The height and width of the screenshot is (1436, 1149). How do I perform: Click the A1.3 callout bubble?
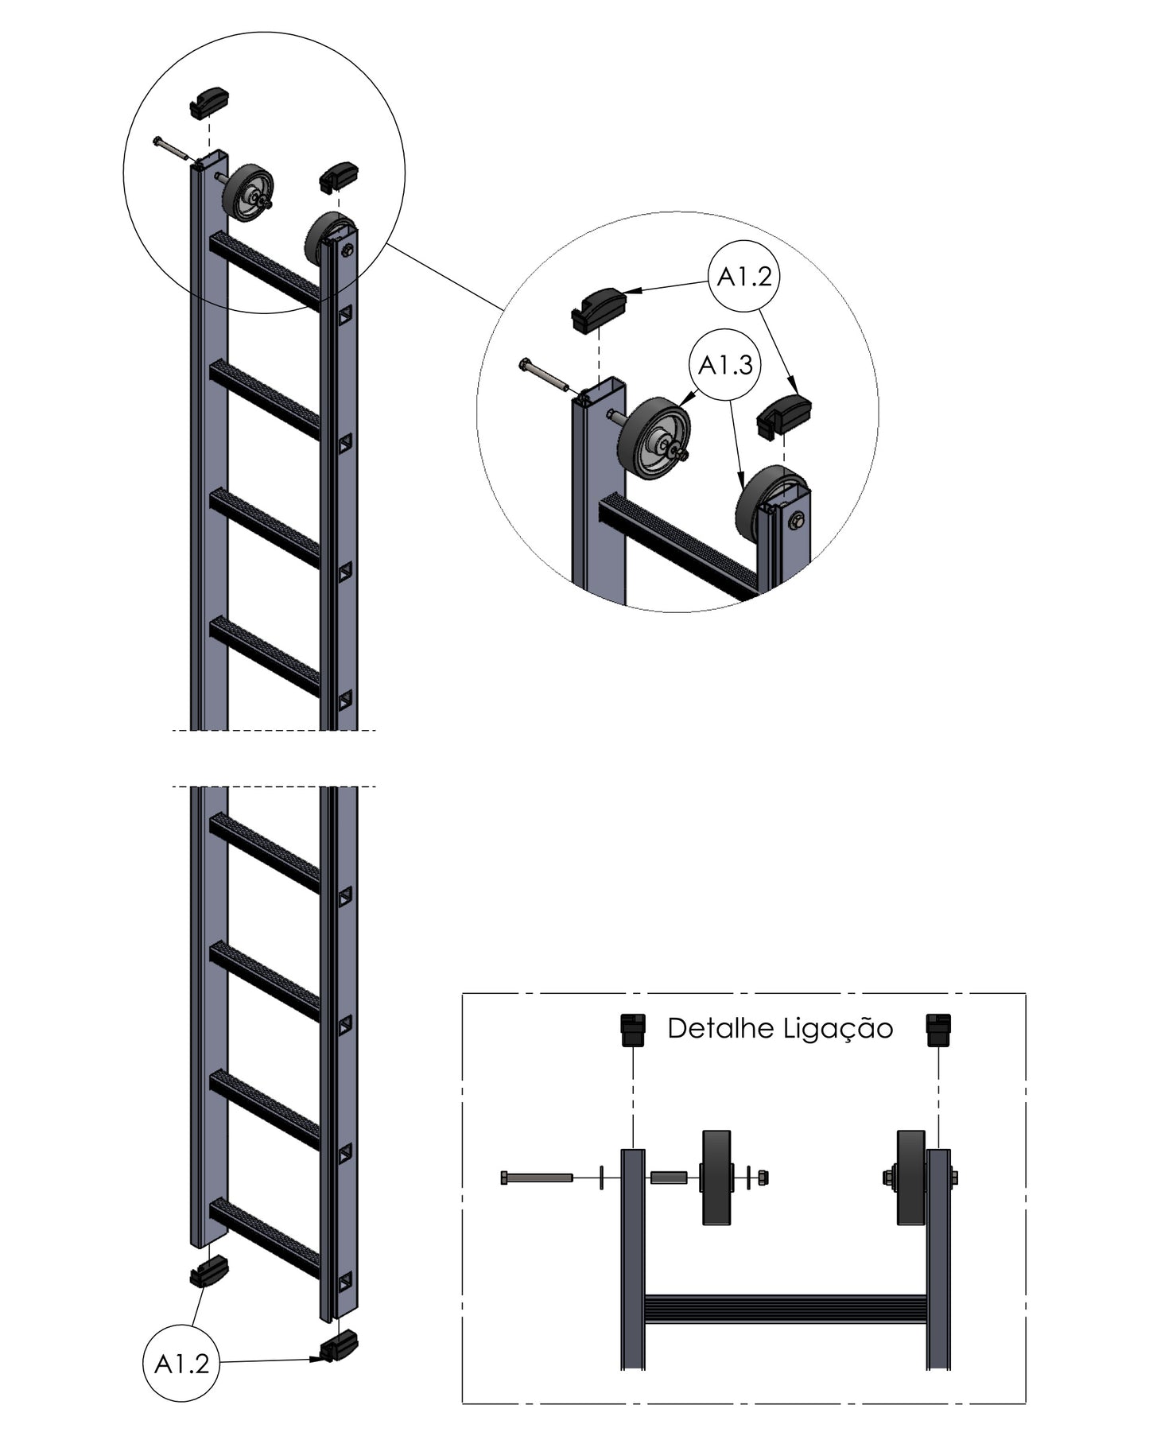pyautogui.click(x=725, y=365)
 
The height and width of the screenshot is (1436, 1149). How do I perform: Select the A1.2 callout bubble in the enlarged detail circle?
pyautogui.click(x=744, y=277)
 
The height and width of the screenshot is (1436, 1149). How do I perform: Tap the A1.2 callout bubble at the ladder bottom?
pyautogui.click(x=181, y=1364)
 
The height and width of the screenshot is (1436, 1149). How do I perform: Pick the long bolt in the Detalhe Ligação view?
pyautogui.click(x=537, y=1178)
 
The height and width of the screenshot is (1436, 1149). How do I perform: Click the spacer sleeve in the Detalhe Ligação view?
pyautogui.click(x=669, y=1178)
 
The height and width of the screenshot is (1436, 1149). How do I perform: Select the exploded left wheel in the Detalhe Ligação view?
pyautogui.click(x=716, y=1178)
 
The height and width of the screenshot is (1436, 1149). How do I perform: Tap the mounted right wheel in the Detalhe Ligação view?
pyautogui.click(x=912, y=1178)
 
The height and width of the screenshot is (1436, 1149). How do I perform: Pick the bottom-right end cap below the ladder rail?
pyautogui.click(x=339, y=1345)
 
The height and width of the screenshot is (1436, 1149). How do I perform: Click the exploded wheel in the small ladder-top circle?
pyautogui.click(x=248, y=194)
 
